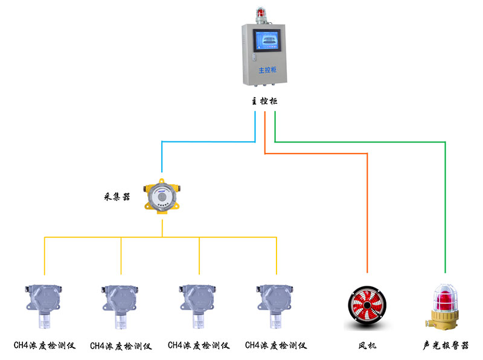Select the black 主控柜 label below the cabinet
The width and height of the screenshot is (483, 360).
[264, 101]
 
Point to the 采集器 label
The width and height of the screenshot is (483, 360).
[118, 197]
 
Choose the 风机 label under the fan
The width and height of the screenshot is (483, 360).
[367, 346]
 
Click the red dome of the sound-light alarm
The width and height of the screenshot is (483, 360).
[446, 297]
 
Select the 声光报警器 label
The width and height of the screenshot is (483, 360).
[446, 346]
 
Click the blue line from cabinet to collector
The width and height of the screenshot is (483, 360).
[208, 141]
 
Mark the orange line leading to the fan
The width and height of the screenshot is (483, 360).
[367, 211]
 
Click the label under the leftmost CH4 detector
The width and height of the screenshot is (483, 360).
[44, 346]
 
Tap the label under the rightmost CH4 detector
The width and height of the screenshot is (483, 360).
[276, 346]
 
